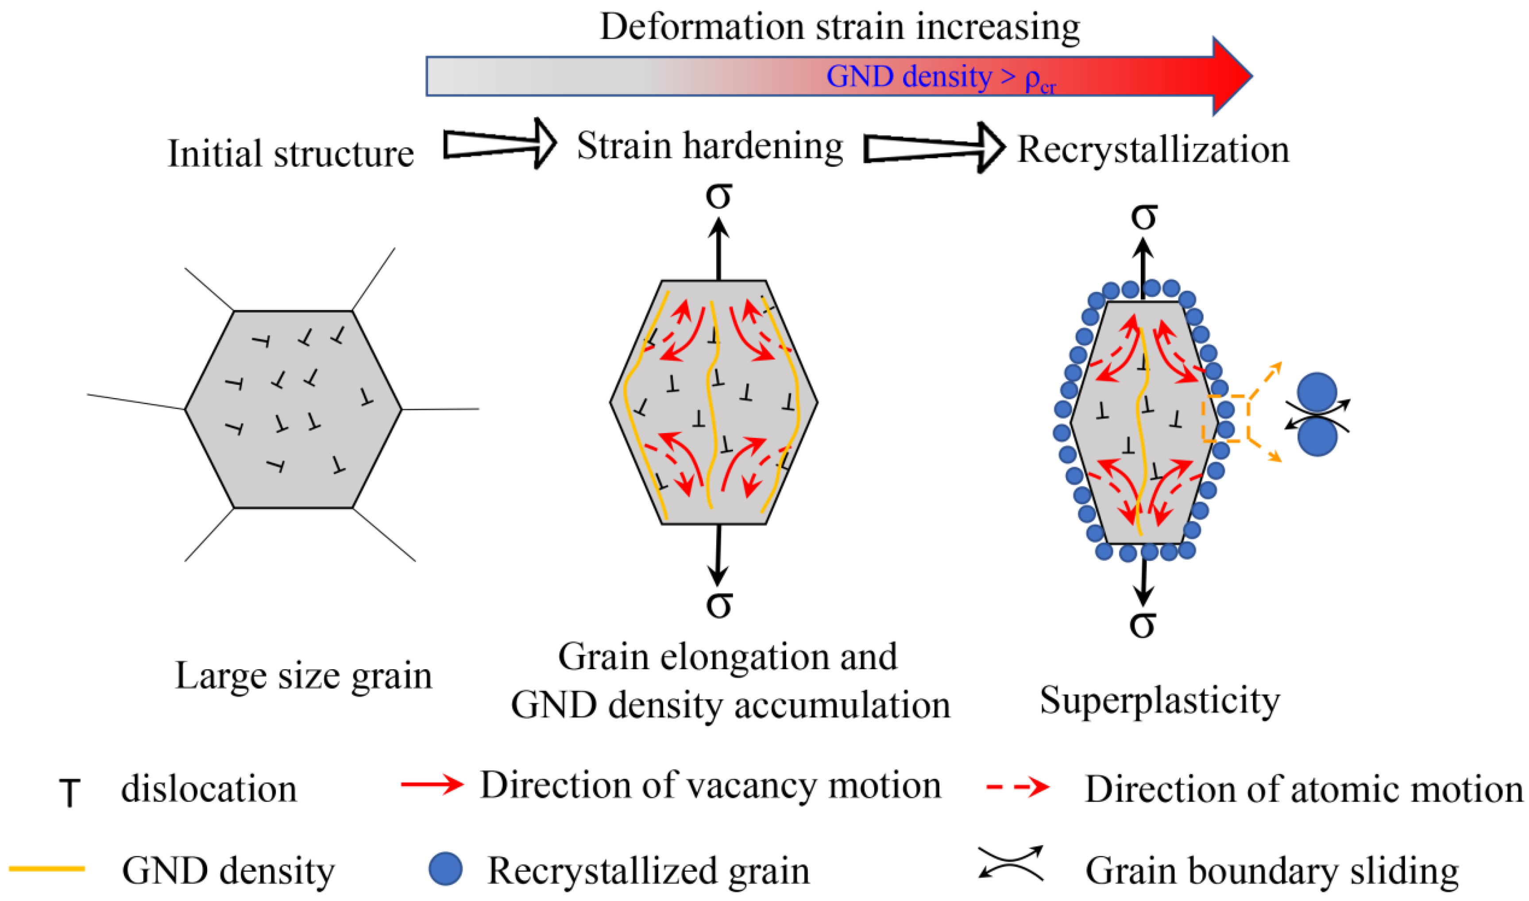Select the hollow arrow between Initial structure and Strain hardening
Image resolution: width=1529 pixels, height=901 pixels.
pyautogui.click(x=499, y=144)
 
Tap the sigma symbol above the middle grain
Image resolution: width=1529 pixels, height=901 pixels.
pyautogui.click(x=718, y=196)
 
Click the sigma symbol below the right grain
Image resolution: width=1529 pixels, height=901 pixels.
pyautogui.click(x=1143, y=624)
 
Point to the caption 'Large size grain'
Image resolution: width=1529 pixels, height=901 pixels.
pyautogui.click(x=303, y=675)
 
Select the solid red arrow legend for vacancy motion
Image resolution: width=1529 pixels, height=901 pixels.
pyautogui.click(x=432, y=784)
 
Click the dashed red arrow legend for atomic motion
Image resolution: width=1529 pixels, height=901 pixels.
pyautogui.click(x=1018, y=787)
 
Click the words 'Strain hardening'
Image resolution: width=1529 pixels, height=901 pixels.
pyautogui.click(x=710, y=146)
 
